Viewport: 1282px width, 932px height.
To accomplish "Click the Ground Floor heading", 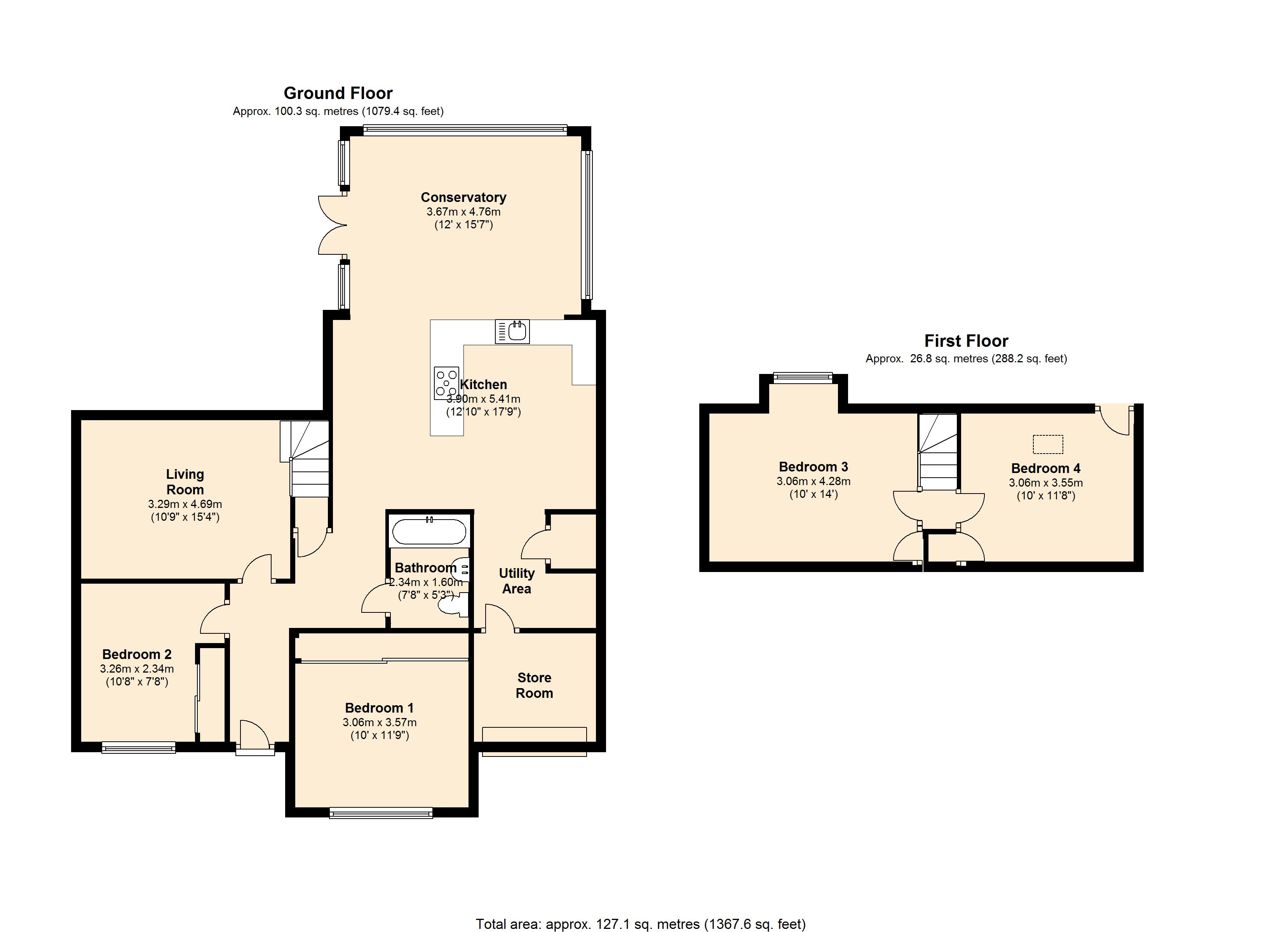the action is point(338,93).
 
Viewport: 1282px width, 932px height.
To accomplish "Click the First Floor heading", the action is point(966,341).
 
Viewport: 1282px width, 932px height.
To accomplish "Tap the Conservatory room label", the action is point(463,197).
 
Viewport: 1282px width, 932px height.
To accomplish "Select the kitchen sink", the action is point(512,331).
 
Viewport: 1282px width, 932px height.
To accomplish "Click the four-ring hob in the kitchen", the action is point(446,383).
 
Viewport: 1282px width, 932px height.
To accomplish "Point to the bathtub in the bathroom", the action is point(430,531).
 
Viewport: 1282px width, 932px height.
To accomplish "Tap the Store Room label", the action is point(534,685).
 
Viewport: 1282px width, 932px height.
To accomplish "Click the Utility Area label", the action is point(517,581).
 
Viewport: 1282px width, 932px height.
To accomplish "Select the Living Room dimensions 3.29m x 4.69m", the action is point(185,504).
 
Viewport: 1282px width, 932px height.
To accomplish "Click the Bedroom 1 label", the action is point(379,708).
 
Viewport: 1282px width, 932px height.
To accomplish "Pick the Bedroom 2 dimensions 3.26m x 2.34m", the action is point(137,669).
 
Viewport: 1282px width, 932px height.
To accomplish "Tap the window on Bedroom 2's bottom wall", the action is point(138,748).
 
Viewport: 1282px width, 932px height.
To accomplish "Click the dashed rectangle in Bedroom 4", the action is point(1048,444).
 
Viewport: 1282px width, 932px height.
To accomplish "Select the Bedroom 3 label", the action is point(813,467).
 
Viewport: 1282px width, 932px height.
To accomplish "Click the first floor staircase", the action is point(938,452).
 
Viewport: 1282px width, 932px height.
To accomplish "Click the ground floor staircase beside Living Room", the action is point(305,458).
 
